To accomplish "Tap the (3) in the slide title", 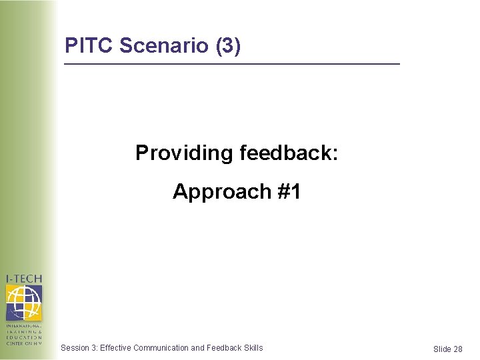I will pyautogui.click(x=228, y=46).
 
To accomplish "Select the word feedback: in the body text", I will pyautogui.click(x=287, y=153).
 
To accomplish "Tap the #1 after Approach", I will pyautogui.click(x=288, y=192).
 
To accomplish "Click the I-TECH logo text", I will pyautogui.click(x=24, y=278).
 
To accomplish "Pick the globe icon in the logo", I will pyautogui.click(x=24, y=302).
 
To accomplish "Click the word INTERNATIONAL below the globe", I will pyautogui.click(x=24, y=326).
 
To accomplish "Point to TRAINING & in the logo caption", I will pyautogui.click(x=24, y=332).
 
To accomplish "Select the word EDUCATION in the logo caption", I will pyautogui.click(x=24, y=337).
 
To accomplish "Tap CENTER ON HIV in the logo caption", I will pyautogui.click(x=24, y=343).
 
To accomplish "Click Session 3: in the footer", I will pyautogui.click(x=79, y=348).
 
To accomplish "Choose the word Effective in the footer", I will pyautogui.click(x=115, y=348).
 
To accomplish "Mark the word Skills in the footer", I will pyautogui.click(x=253, y=348).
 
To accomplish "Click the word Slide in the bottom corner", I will pyautogui.click(x=442, y=349).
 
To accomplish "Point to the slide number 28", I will pyautogui.click(x=458, y=349).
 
